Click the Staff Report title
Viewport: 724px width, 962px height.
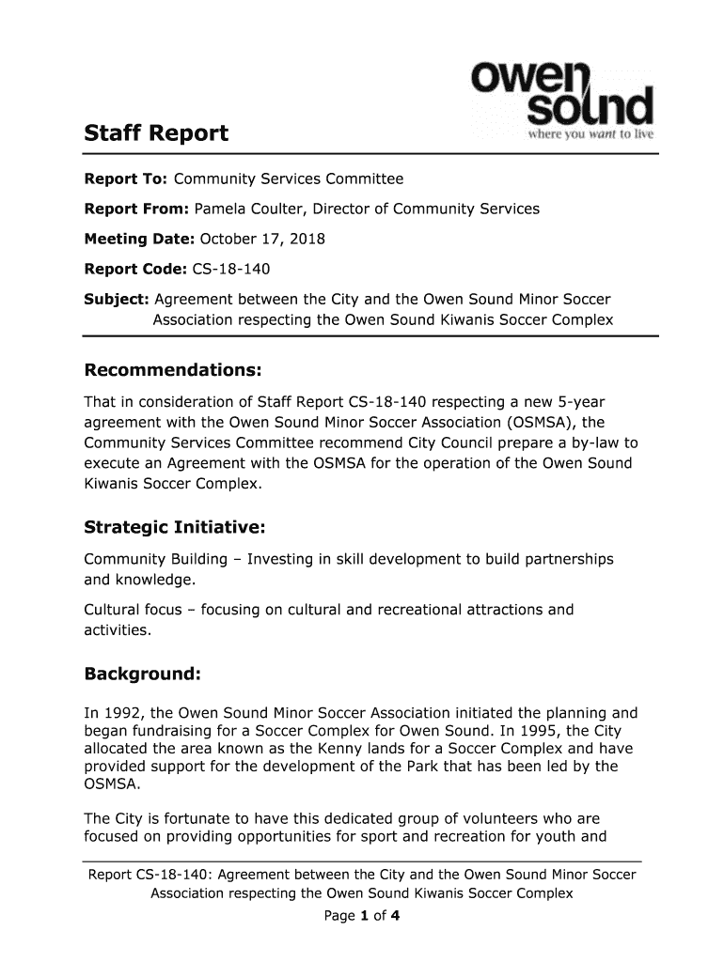[x=156, y=133]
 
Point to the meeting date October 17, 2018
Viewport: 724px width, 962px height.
[x=259, y=239]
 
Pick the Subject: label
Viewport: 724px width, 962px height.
[x=116, y=300]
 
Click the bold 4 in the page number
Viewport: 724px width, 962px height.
[x=397, y=914]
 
